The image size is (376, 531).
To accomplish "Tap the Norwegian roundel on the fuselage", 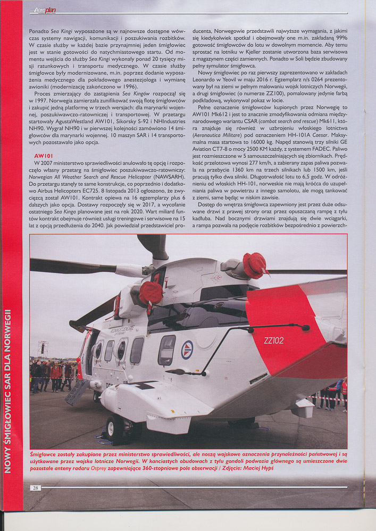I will click(x=187, y=349).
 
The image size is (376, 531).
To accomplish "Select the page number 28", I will click(x=35, y=487).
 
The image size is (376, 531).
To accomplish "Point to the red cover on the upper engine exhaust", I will click(x=255, y=265).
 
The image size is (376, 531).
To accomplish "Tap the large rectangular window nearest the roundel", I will click(x=166, y=350).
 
